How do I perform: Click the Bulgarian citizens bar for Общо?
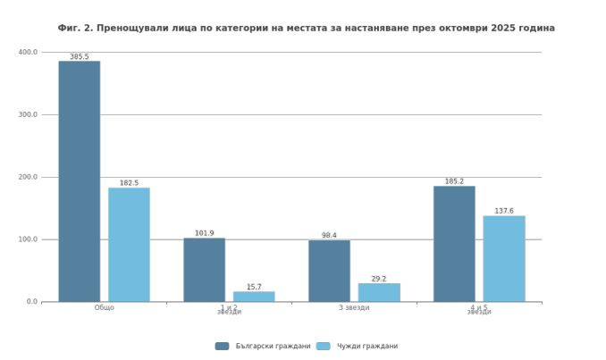79,181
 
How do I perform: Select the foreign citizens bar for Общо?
129,245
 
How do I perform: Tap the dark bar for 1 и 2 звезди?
204,270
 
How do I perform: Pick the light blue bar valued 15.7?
254,297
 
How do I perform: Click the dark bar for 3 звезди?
329,271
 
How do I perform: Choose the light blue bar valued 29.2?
379,292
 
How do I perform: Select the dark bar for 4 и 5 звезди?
454,244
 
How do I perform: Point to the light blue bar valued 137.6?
504,258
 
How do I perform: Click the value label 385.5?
79,56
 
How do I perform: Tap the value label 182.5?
129,183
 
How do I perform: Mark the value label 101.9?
204,233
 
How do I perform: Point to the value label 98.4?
329,236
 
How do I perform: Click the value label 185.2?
454,181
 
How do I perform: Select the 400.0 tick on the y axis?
28,52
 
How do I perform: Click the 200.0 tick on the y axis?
28,177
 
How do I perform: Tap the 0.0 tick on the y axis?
31,302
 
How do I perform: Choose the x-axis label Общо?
104,308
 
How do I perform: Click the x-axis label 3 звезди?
354,308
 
